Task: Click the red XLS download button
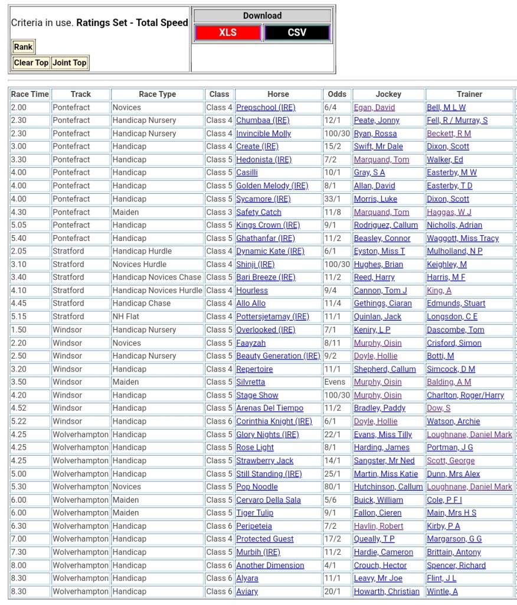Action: point(228,32)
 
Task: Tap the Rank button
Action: point(23,47)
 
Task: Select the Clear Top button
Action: point(31,63)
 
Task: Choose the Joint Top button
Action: point(69,63)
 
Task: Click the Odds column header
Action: point(337,94)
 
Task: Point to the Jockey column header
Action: point(388,94)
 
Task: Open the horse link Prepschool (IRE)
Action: point(266,108)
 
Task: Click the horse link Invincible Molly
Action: point(263,134)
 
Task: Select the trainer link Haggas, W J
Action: point(449,212)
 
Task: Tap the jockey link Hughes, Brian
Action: point(378,264)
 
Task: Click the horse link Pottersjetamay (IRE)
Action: point(272,317)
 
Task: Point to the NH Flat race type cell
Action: point(126,317)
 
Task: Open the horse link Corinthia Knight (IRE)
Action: point(274,421)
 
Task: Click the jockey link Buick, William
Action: point(378,500)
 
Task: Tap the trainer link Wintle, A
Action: point(442,591)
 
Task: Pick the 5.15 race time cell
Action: point(19,317)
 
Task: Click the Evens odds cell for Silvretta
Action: point(335,382)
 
